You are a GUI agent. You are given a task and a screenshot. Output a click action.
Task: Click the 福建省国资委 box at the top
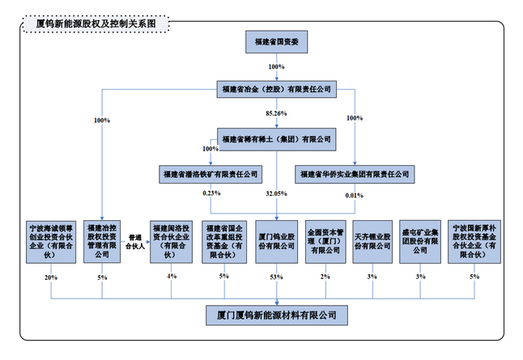pyautogui.click(x=278, y=44)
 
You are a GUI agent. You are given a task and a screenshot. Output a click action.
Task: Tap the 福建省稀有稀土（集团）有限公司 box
pyautogui.click(x=278, y=138)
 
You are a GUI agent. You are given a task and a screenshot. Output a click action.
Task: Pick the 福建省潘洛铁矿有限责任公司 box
pyautogui.click(x=210, y=174)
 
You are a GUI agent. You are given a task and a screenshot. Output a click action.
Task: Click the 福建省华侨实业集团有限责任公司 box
pyautogui.click(x=354, y=174)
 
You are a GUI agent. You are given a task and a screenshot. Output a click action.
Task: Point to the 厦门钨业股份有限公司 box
pyautogui.click(x=276, y=240)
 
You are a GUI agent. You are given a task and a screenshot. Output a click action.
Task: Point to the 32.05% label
pyautogui.click(x=277, y=194)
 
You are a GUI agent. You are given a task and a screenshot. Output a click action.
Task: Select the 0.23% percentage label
pyautogui.click(x=212, y=194)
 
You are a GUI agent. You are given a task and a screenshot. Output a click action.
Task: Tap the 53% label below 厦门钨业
pyautogui.click(x=277, y=277)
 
